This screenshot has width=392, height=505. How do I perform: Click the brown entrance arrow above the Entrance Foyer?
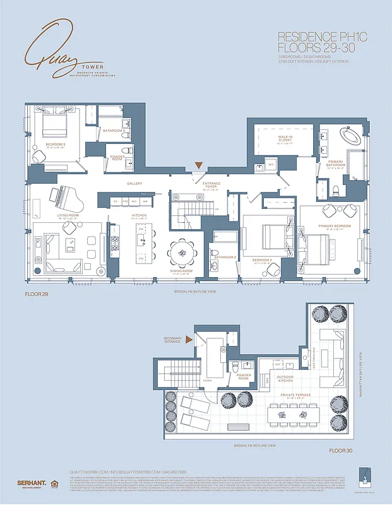198,166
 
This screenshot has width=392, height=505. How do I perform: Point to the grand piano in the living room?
65,196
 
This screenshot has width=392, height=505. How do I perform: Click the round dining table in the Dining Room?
182,252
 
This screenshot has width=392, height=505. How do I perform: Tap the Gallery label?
133,184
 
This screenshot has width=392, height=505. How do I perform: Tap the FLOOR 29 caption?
37,294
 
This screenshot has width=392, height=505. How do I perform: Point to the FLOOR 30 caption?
341,451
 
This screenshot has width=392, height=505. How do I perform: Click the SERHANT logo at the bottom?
30,483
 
